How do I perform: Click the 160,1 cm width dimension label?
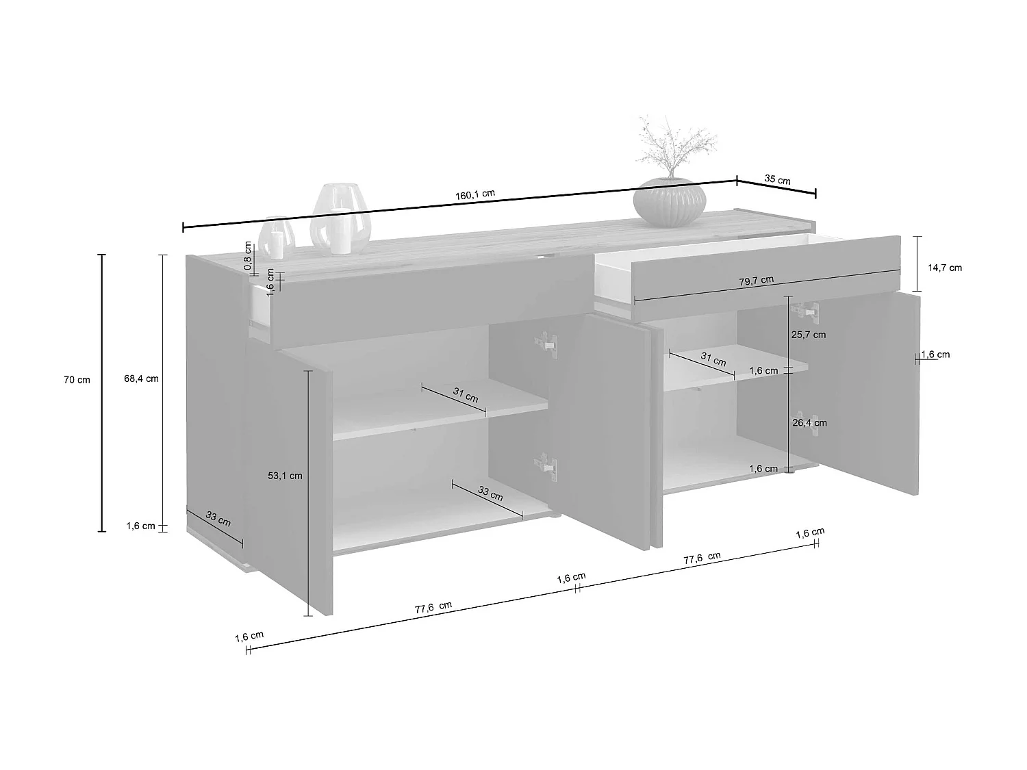(x=474, y=194)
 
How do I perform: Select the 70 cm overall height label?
(x=77, y=379)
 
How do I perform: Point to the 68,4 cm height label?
(x=141, y=378)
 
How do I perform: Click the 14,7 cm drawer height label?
(x=945, y=268)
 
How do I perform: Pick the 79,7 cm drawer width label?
(x=757, y=280)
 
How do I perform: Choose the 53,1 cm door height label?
(x=285, y=476)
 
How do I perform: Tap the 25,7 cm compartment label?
(x=809, y=335)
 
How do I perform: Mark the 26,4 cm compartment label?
(x=809, y=423)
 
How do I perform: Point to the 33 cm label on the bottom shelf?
(x=490, y=493)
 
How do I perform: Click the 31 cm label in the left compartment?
(x=466, y=396)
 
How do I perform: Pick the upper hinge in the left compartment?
(x=547, y=343)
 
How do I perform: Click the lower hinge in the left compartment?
(x=547, y=465)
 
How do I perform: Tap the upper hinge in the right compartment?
(x=804, y=311)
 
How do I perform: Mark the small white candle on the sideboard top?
(x=277, y=244)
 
